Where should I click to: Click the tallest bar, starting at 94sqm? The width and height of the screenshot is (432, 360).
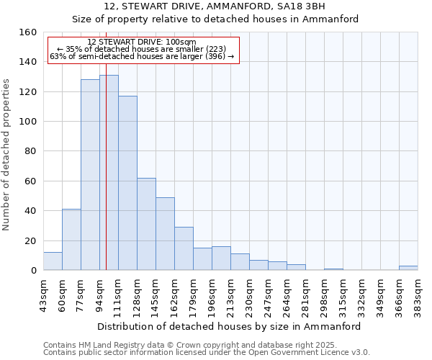(x=109, y=173)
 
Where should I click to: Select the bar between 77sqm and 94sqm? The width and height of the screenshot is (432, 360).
(x=90, y=175)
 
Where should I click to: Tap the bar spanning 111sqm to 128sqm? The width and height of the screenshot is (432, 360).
(x=127, y=183)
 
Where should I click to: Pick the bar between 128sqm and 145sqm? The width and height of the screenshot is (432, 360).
(x=146, y=224)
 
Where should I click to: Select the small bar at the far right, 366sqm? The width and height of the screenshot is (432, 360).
(x=408, y=268)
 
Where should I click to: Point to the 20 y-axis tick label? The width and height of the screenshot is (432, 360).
(x=30, y=241)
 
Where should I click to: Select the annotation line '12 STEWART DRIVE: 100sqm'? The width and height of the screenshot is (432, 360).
(x=141, y=42)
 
